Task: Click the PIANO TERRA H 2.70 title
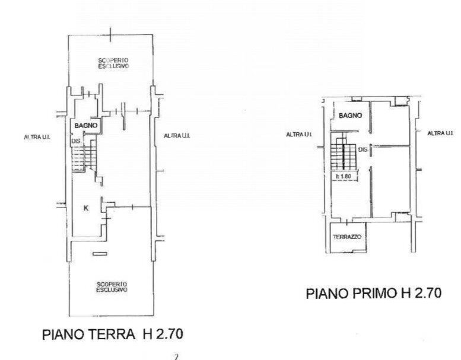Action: [x=113, y=334]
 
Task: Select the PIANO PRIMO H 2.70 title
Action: [x=374, y=293]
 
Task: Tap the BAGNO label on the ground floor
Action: [x=85, y=126]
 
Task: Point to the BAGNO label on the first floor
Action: [x=349, y=116]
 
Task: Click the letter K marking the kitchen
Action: [x=86, y=208]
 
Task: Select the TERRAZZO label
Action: [x=348, y=237]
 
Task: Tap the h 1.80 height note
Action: [x=344, y=176]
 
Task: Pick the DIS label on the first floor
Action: [x=363, y=150]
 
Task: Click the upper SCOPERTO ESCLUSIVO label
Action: [x=113, y=63]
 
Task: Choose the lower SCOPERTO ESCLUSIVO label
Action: [x=112, y=288]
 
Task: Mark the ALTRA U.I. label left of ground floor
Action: [x=36, y=137]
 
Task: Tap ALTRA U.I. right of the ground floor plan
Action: [x=177, y=136]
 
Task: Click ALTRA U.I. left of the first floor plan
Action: [x=300, y=135]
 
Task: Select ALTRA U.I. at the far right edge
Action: [x=441, y=133]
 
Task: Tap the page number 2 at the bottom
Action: [x=176, y=356]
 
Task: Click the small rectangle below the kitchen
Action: [x=100, y=254]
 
